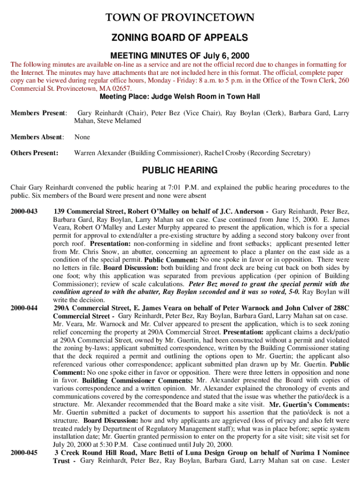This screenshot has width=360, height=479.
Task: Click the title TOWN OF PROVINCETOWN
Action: [x=180, y=18]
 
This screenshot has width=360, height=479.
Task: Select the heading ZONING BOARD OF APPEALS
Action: [x=180, y=37]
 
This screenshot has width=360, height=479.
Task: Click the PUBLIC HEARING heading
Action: [x=180, y=170]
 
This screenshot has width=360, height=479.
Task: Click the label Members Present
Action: [x=39, y=113]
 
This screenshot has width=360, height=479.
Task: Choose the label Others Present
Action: [x=35, y=153]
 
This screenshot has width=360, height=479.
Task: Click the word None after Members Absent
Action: [x=82, y=137]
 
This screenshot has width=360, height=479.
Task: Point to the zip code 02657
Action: [x=120, y=88]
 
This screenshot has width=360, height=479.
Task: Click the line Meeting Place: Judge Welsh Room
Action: [x=180, y=97]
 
